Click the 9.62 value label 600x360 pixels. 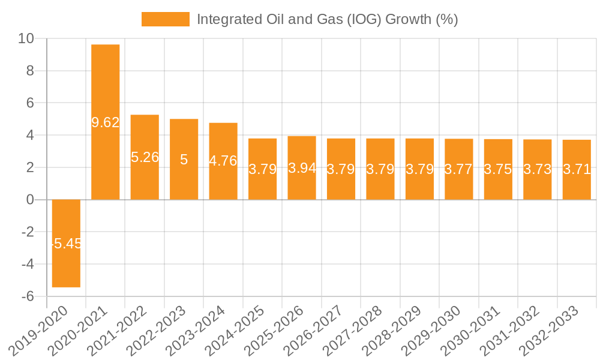coord(106,122)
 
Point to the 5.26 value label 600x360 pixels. coord(145,157)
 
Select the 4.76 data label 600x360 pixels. coord(223,161)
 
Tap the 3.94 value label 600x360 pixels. coord(302,168)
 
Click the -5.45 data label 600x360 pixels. coord(66,244)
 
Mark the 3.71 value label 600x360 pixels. coord(577,169)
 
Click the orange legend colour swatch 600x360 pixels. coord(165,19)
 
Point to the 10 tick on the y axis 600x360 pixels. coord(26,39)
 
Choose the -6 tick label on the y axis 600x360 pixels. coord(27,296)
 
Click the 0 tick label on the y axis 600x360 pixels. coord(30,200)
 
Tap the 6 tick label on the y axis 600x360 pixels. coord(30,103)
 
